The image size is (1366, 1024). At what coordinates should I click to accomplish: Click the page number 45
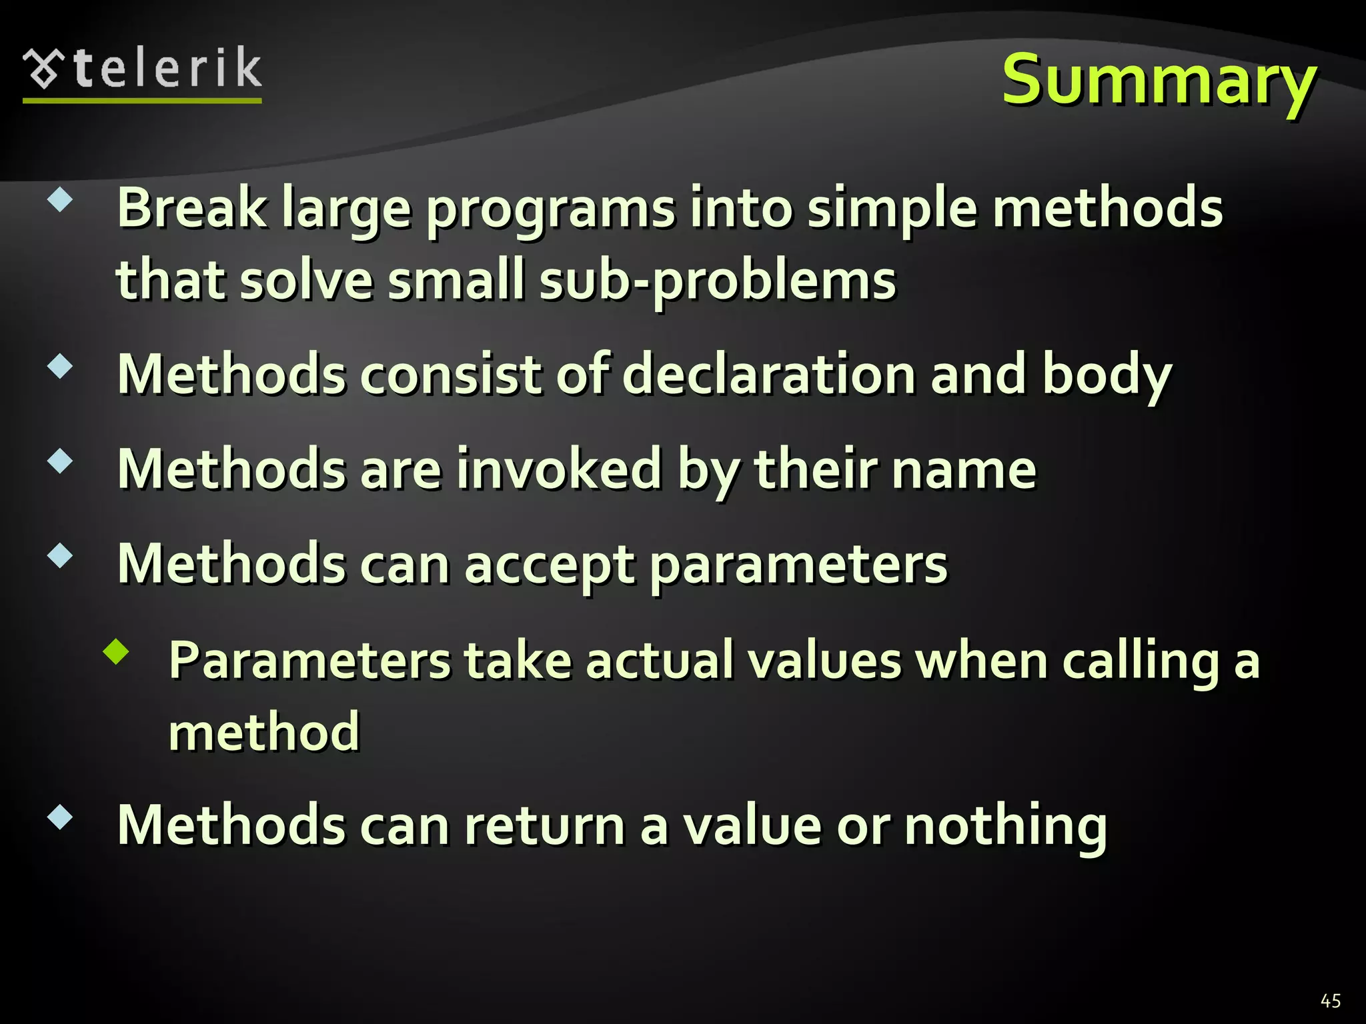pyautogui.click(x=1330, y=1001)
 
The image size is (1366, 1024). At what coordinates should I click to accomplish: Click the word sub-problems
pyautogui.click(x=718, y=281)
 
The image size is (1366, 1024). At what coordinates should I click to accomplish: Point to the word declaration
pyautogui.click(x=769, y=375)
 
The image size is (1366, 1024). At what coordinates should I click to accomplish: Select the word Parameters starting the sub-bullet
pyautogui.click(x=309, y=661)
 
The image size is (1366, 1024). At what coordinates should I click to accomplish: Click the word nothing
pyautogui.click(x=1005, y=827)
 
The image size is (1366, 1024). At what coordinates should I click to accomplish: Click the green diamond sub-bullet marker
pyautogui.click(x=116, y=652)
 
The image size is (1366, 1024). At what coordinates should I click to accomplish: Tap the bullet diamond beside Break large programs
pyautogui.click(x=60, y=199)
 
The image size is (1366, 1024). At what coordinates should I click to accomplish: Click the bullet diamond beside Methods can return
pyautogui.click(x=60, y=817)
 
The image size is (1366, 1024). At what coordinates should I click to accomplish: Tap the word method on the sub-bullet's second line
pyautogui.click(x=264, y=732)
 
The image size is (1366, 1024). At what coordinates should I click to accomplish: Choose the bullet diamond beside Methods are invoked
pyautogui.click(x=60, y=461)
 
